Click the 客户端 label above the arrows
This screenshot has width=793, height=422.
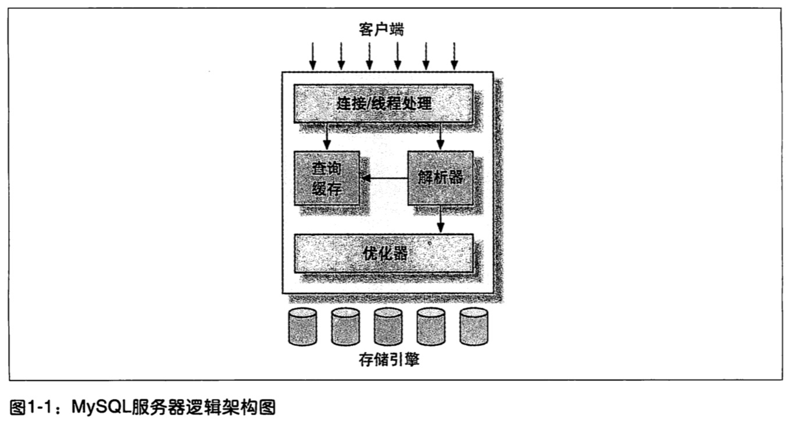[x=382, y=30]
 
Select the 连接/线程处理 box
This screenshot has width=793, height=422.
[x=383, y=103]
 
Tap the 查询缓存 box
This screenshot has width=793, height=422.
[x=326, y=178]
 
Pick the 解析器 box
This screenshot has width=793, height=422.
[x=440, y=177]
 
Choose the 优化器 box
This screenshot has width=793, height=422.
[x=383, y=253]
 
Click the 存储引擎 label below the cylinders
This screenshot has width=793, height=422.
[x=389, y=360]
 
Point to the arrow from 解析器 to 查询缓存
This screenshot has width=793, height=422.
[x=384, y=178]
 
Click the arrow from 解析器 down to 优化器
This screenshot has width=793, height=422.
[x=440, y=219]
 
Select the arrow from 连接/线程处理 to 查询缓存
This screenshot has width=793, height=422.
[x=327, y=136]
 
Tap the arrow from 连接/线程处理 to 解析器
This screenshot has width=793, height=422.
[x=440, y=136]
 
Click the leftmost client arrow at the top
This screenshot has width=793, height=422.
[x=313, y=56]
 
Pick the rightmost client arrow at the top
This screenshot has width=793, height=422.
[x=455, y=56]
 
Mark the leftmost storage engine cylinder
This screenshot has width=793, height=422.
[x=303, y=327]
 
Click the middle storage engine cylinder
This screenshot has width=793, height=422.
[x=388, y=327]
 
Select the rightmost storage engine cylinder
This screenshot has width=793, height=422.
[x=474, y=327]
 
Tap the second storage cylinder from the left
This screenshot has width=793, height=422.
[x=346, y=327]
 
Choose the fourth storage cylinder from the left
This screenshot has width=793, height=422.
[x=431, y=327]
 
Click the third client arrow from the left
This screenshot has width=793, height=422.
[x=369, y=56]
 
